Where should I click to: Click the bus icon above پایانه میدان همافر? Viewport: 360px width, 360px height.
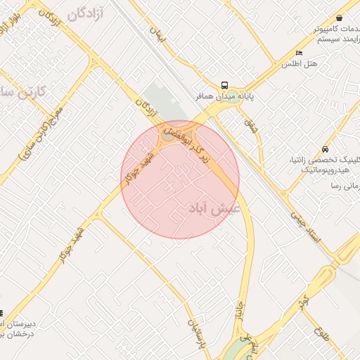coord(224,84)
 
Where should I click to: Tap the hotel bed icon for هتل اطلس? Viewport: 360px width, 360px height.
coord(299,53)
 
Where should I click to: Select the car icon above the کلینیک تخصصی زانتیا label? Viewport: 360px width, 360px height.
coord(324,150)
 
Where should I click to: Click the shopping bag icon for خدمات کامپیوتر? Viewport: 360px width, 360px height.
coord(340,18)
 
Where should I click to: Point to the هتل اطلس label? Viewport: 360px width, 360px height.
coord(300,64)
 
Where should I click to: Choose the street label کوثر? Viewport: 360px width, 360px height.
coord(303,304)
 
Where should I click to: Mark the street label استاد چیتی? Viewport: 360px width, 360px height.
coord(304,228)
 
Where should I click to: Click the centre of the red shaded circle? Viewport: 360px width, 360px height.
coord(180,180)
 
